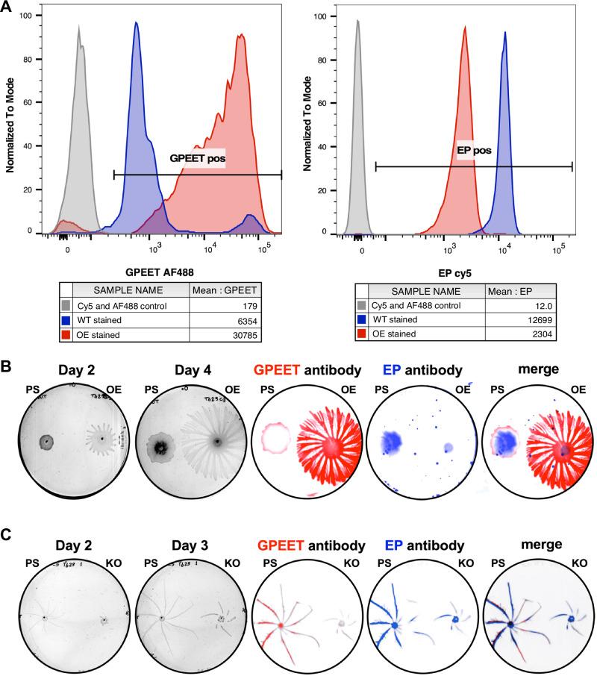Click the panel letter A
8,7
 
